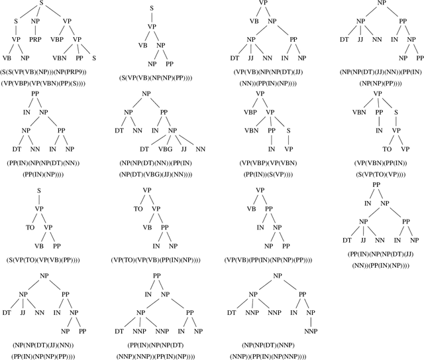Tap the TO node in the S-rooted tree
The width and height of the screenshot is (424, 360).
coord(30,227)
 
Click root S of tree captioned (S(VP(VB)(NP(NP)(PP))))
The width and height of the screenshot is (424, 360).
coord(152,9)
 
